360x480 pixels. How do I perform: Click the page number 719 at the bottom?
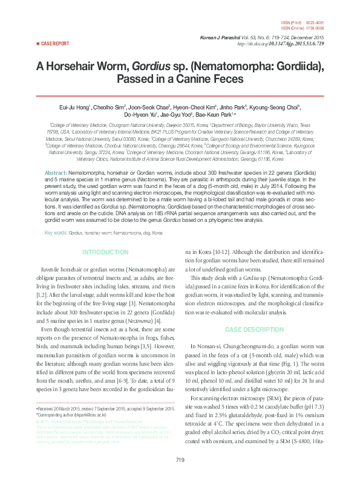(180, 461)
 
